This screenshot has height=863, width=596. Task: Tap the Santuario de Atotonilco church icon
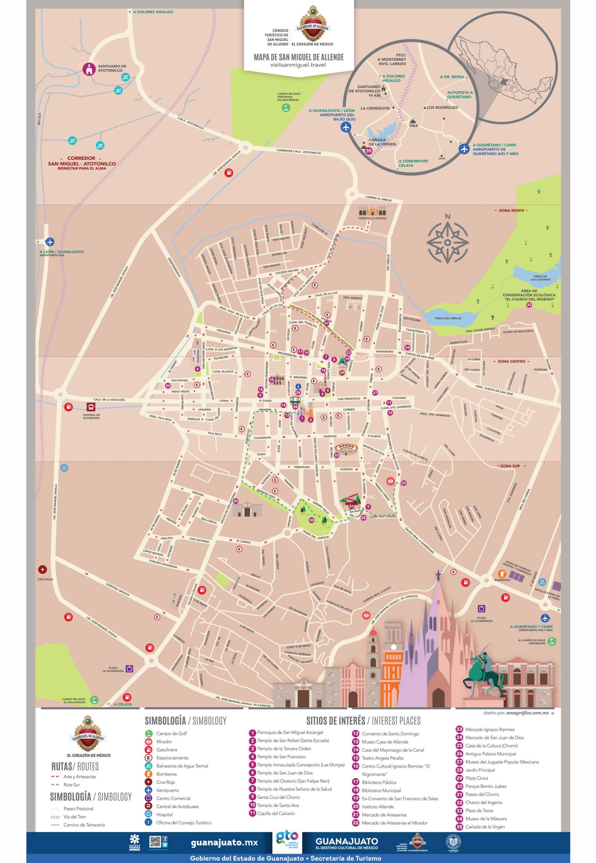[x=89, y=69]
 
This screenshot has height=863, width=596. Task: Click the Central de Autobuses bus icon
[x=91, y=407]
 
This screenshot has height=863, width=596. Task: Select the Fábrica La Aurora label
[x=372, y=218]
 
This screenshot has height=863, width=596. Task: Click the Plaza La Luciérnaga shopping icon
[x=481, y=609]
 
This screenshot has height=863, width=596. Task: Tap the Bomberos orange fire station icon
[x=502, y=574]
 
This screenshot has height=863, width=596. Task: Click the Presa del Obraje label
[x=448, y=318]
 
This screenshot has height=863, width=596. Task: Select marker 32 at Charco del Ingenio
[x=529, y=305]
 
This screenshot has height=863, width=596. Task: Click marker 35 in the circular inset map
[x=369, y=151]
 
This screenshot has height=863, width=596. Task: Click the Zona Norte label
[x=511, y=210]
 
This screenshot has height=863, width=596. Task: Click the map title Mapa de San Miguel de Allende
[x=298, y=57]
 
